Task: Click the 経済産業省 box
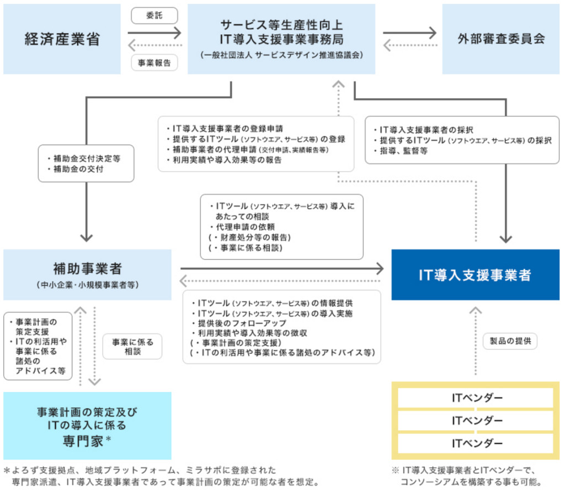61,39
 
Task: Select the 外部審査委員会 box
501,39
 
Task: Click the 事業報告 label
154,62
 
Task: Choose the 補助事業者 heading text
87,269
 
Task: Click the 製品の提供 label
509,341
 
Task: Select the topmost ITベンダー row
476,398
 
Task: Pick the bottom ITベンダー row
476,443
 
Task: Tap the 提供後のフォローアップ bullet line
238,323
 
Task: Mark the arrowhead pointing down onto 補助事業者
86,237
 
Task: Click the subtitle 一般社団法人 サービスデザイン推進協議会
281,55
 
